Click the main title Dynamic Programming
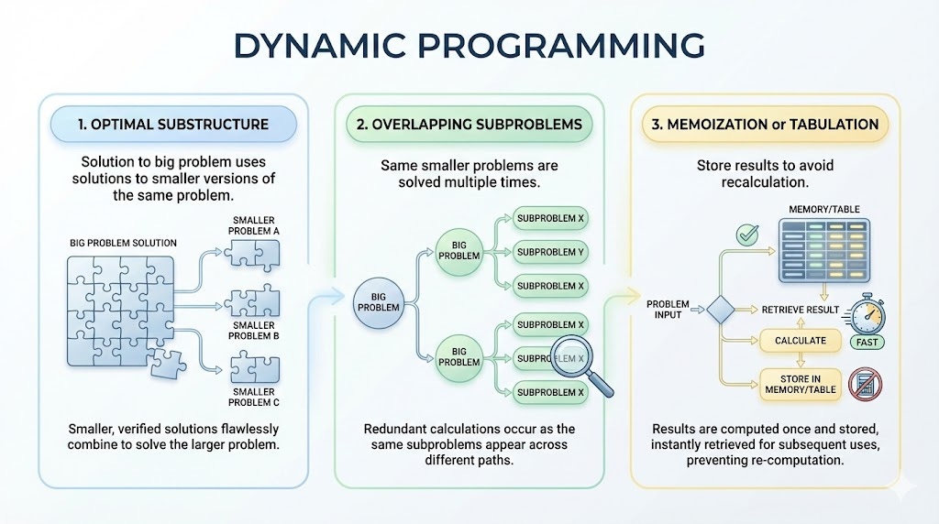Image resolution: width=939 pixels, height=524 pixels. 469,44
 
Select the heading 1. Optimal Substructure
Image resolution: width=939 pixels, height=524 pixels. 174,124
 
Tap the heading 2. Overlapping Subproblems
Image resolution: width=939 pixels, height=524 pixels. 469,124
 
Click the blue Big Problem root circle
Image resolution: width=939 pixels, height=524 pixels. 378,301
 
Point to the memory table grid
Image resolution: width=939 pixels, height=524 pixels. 823,249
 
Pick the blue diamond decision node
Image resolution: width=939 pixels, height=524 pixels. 718,311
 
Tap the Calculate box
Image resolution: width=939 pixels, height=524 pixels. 800,341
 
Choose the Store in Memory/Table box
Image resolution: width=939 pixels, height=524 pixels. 800,384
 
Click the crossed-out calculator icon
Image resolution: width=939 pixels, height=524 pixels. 865,384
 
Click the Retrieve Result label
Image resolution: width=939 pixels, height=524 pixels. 800,310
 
